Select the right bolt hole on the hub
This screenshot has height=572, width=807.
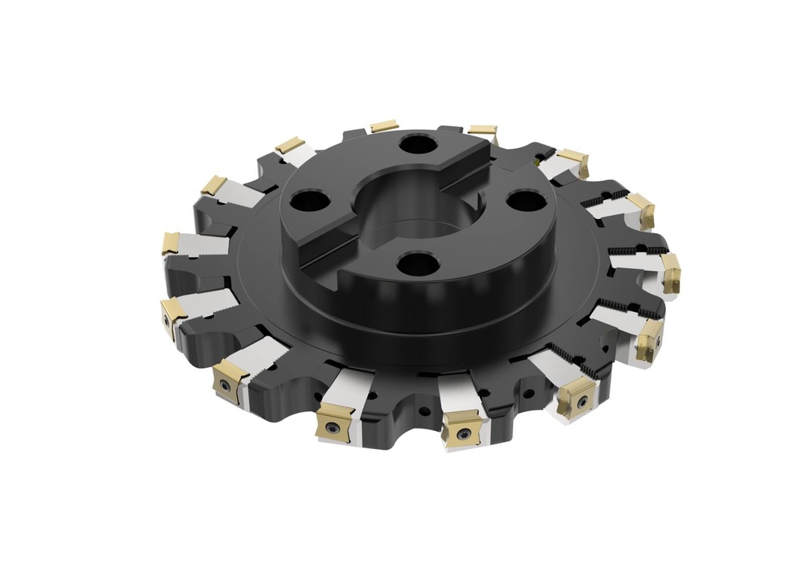point(521,200)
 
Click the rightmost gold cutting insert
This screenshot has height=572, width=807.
point(671,273)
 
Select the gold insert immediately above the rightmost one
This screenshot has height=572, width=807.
point(641,211)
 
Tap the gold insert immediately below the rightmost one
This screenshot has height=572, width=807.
point(649,340)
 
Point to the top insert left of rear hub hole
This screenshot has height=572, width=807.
point(384,126)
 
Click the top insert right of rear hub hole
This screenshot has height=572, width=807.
point(482,130)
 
